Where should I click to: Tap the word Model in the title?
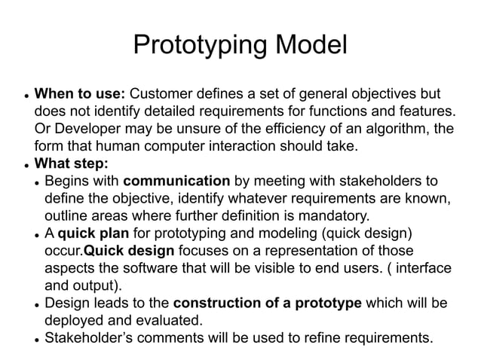pos(308,46)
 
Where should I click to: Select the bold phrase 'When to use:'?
pos(81,95)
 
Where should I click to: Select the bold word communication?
pos(176,182)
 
